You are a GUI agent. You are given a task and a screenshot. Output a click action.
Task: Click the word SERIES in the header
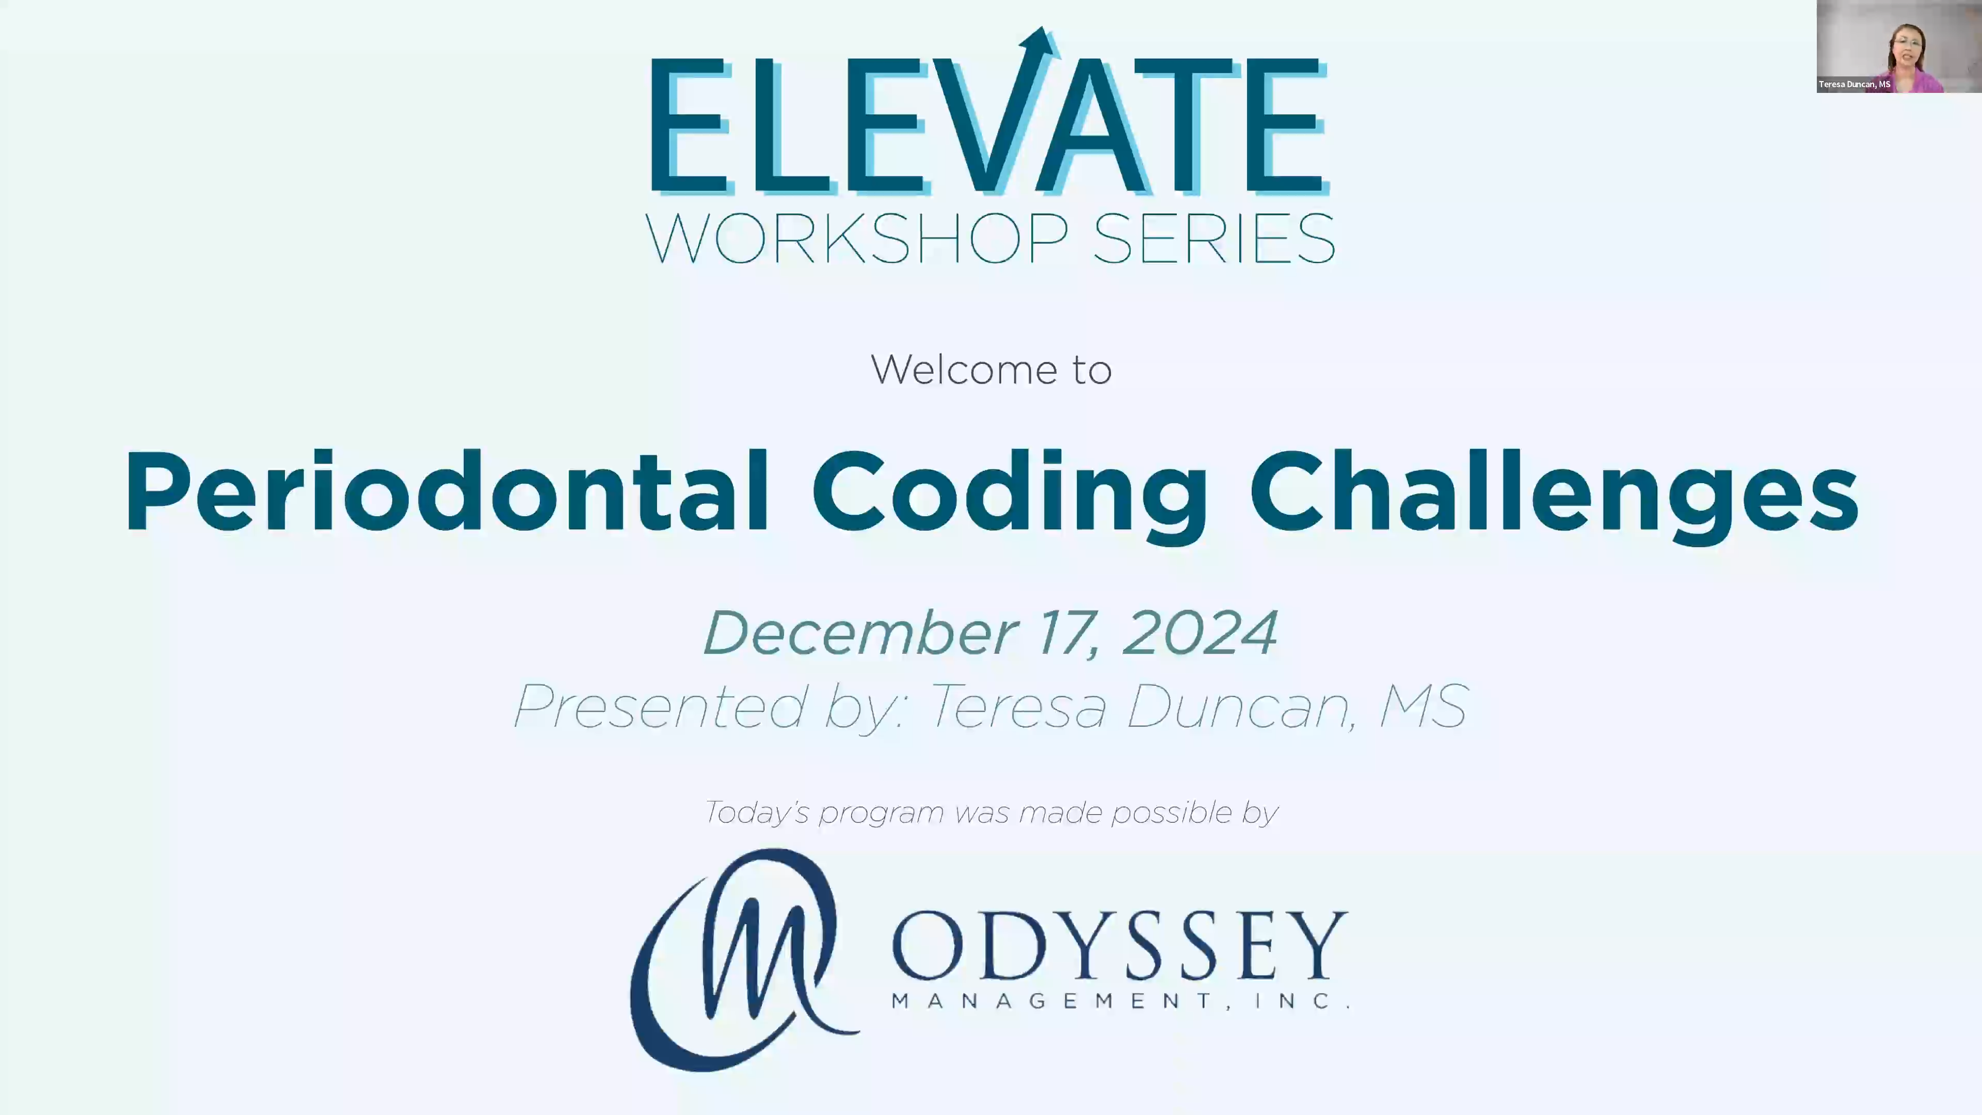pyautogui.click(x=1213, y=240)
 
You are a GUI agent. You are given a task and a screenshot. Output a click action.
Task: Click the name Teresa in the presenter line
pyautogui.click(x=1018, y=706)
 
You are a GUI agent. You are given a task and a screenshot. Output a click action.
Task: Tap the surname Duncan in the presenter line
pyautogui.click(x=1239, y=706)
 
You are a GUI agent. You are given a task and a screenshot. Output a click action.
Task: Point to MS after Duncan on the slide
pyautogui.click(x=1424, y=706)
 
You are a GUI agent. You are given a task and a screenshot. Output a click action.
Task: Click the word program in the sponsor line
pyautogui.click(x=881, y=813)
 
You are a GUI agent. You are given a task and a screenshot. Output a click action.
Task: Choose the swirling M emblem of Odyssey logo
pyautogui.click(x=743, y=958)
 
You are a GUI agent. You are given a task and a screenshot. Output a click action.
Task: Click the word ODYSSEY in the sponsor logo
pyautogui.click(x=1120, y=945)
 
